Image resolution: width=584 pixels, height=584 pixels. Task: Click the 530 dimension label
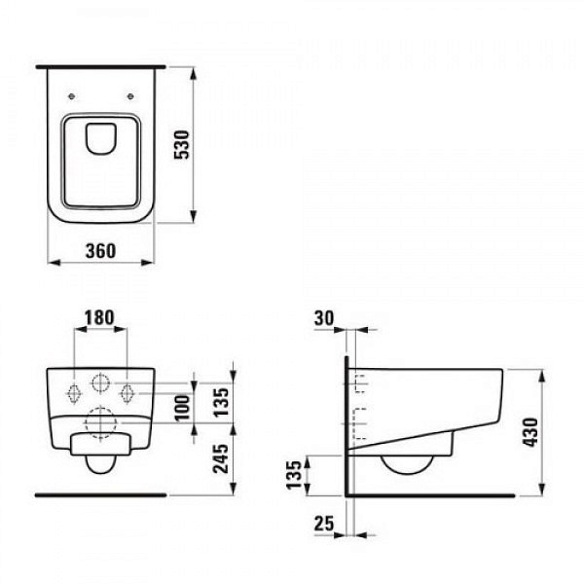(206, 146)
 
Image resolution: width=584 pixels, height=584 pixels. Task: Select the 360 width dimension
(100, 250)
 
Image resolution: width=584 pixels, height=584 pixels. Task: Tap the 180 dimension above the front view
(100, 317)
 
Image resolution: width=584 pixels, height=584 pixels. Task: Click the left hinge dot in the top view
(74, 95)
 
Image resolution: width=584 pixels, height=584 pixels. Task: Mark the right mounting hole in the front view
(127, 392)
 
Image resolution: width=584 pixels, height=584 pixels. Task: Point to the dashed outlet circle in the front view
(100, 420)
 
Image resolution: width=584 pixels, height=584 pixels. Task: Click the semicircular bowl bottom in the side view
(409, 465)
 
